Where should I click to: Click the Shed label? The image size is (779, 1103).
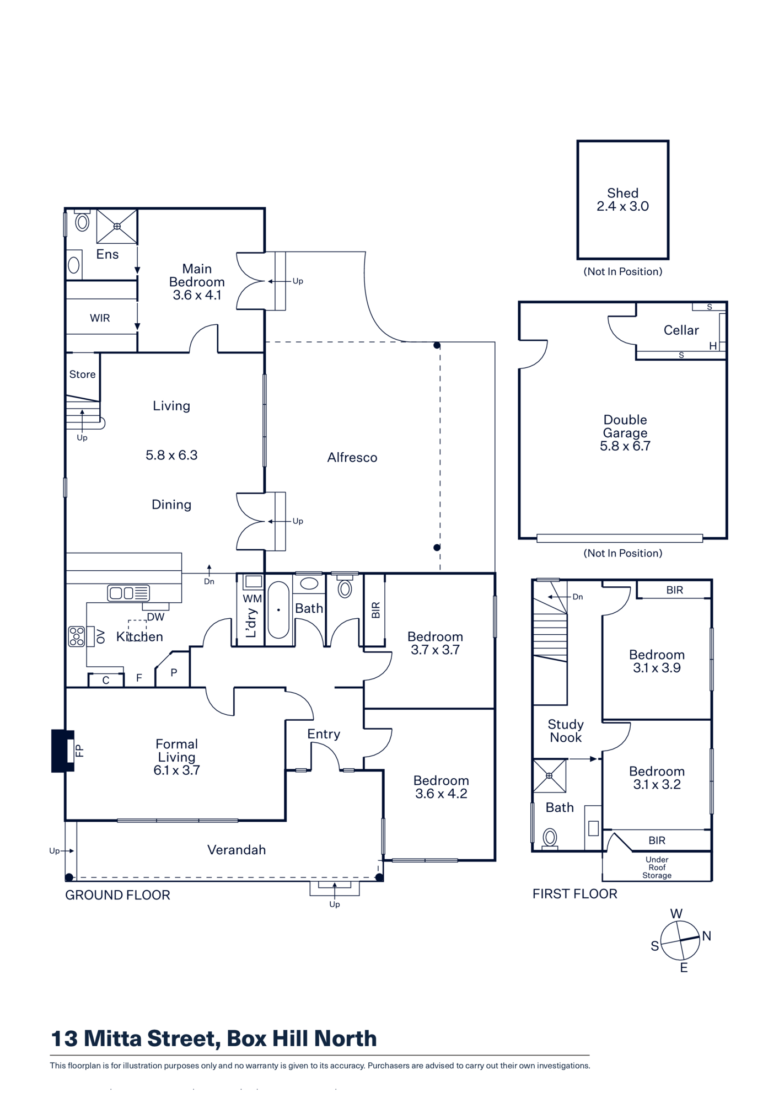click(x=623, y=193)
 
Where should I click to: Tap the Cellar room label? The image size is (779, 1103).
click(x=681, y=330)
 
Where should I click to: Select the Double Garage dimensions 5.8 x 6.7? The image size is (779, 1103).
click(x=625, y=446)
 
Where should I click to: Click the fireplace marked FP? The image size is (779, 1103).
click(x=63, y=751)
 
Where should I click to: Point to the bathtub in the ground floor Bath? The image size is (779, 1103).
click(x=278, y=609)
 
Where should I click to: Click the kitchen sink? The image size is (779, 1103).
click(x=128, y=593)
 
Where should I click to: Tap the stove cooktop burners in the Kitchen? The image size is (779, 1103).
click(x=77, y=636)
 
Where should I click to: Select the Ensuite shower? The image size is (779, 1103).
click(x=117, y=226)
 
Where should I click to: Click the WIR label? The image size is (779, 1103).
click(x=100, y=318)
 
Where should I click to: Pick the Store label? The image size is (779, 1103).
click(x=82, y=374)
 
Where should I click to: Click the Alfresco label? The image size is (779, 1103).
click(x=352, y=457)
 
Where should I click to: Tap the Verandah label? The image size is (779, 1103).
click(x=237, y=850)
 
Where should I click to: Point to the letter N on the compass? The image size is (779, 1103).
click(x=707, y=936)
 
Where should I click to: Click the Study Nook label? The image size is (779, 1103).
click(x=566, y=731)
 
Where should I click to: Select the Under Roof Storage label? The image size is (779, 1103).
click(x=657, y=868)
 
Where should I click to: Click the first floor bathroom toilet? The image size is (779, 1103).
click(x=550, y=838)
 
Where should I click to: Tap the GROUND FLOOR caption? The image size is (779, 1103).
click(x=117, y=895)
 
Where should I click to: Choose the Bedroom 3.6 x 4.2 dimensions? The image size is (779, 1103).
click(x=441, y=794)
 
